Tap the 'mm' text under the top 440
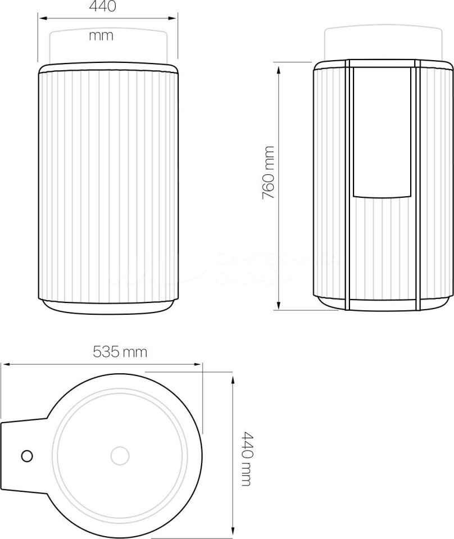pyautogui.click(x=101, y=36)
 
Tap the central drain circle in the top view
pyautogui.click(x=120, y=455)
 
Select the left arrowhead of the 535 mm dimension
pyautogui.click(x=3, y=365)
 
